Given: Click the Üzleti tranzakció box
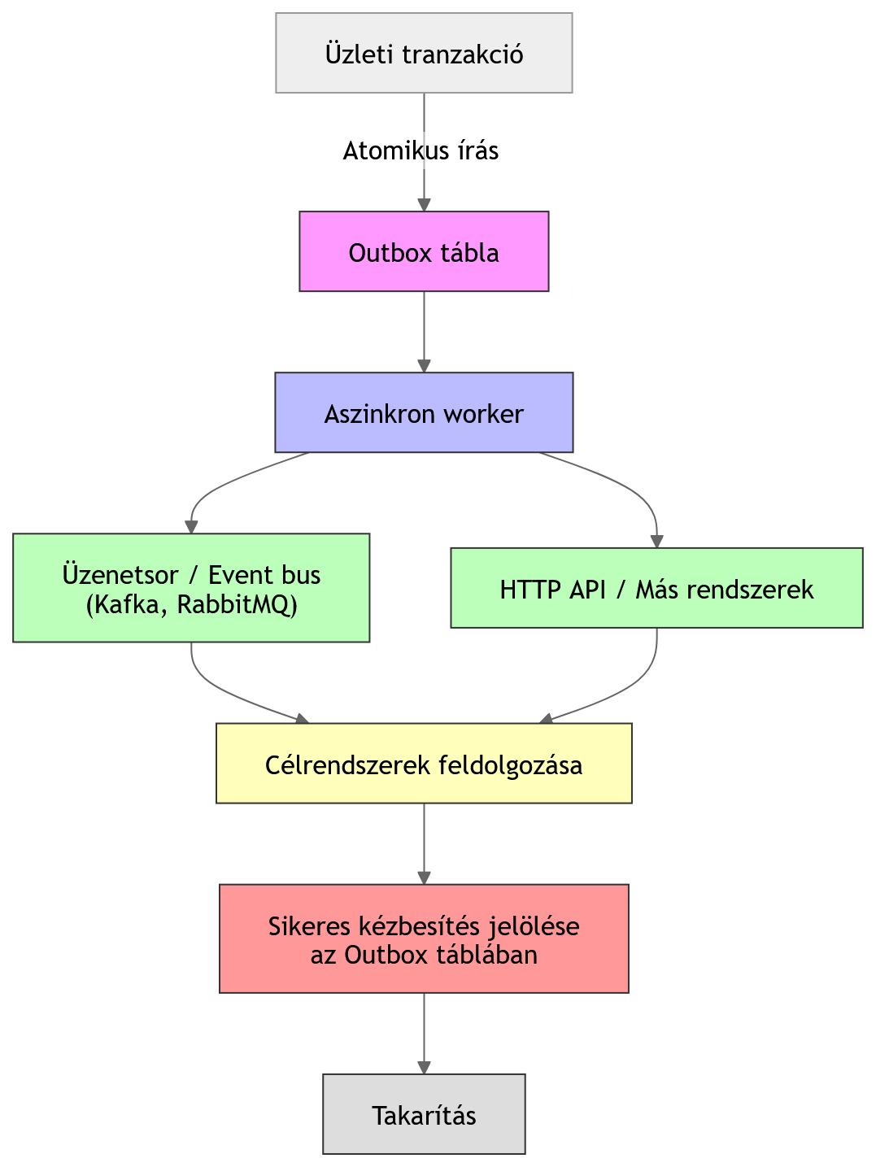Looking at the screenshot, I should (x=424, y=54).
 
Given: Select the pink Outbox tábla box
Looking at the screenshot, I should (x=424, y=252).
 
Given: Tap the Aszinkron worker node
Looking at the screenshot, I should (x=424, y=413).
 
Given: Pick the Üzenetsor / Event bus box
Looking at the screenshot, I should (x=191, y=588).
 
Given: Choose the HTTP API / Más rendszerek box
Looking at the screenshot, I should (x=656, y=588).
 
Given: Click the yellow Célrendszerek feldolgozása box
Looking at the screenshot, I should (x=424, y=764).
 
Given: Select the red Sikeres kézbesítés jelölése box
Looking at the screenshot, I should (x=424, y=939).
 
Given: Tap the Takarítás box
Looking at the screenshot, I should (x=424, y=1114).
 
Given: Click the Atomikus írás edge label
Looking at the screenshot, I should (x=421, y=150).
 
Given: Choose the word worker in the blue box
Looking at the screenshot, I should (x=482, y=414).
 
